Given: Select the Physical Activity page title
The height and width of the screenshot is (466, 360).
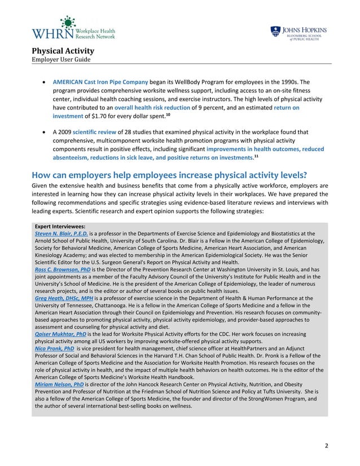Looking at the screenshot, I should (x=63, y=51).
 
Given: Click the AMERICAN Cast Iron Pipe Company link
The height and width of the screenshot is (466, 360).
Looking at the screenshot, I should (x=100, y=81).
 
